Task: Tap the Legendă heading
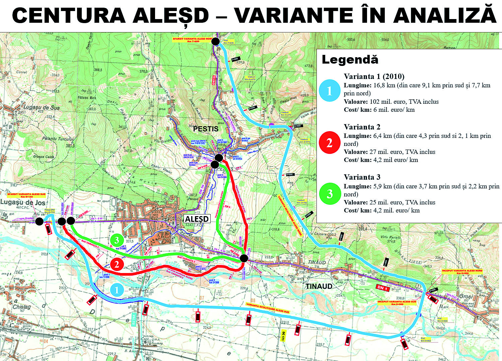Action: point(350,60)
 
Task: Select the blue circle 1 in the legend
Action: point(330,91)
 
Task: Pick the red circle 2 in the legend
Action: point(330,143)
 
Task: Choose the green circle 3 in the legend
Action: point(330,194)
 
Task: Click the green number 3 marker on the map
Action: point(117,240)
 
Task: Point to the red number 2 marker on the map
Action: point(117,264)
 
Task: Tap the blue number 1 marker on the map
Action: point(117,290)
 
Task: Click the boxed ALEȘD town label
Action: point(197,219)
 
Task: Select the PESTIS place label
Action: point(206,129)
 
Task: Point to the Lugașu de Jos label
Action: point(23,202)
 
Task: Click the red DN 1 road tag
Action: point(382,287)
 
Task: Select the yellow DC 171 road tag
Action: point(283,336)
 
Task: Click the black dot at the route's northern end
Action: point(215,41)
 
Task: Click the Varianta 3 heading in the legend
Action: point(362,177)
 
